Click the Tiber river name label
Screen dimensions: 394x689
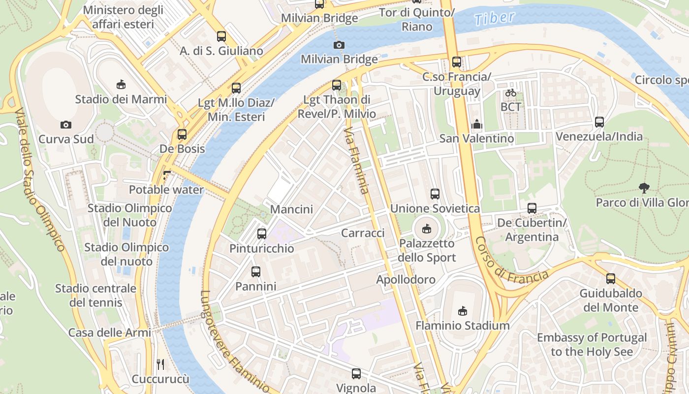point(495,18)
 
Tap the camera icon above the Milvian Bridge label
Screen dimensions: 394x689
point(339,45)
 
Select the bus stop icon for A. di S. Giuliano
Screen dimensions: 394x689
point(221,36)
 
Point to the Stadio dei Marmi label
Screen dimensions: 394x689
point(121,99)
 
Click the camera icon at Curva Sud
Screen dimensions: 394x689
point(66,125)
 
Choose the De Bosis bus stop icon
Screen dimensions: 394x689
point(182,134)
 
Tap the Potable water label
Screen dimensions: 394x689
point(166,190)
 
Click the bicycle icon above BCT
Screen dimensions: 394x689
point(511,93)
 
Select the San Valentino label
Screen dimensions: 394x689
point(476,138)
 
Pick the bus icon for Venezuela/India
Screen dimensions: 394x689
point(599,122)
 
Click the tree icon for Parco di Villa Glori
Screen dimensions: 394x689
point(643,188)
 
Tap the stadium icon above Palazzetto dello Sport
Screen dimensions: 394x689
point(426,229)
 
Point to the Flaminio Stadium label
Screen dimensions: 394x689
point(462,326)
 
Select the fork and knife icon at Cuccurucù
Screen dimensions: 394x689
point(160,364)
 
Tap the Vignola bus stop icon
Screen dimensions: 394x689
point(356,374)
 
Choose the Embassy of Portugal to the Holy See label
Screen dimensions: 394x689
point(592,345)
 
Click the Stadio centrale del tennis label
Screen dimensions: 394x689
point(95,295)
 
